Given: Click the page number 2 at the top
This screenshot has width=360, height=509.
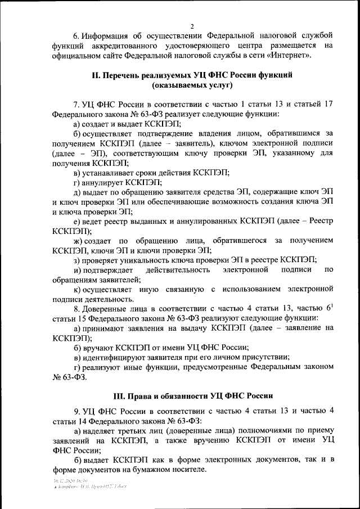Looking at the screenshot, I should tap(191, 26).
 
